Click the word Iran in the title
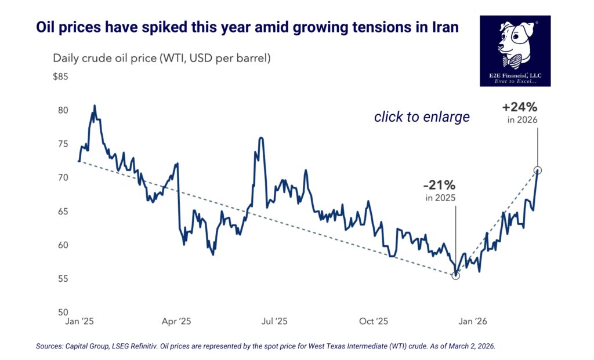[x=441, y=28]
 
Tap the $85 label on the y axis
[x=60, y=77]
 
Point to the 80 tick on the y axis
[x=63, y=110]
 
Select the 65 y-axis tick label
[x=63, y=212]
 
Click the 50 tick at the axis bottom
[x=63, y=312]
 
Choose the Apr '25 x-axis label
[x=176, y=321]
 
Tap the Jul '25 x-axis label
[x=273, y=321]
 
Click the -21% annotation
[x=439, y=186]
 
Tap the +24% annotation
[x=520, y=108]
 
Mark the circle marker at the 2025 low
[x=455, y=275]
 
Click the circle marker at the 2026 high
[x=538, y=170]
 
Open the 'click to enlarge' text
[x=422, y=117]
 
